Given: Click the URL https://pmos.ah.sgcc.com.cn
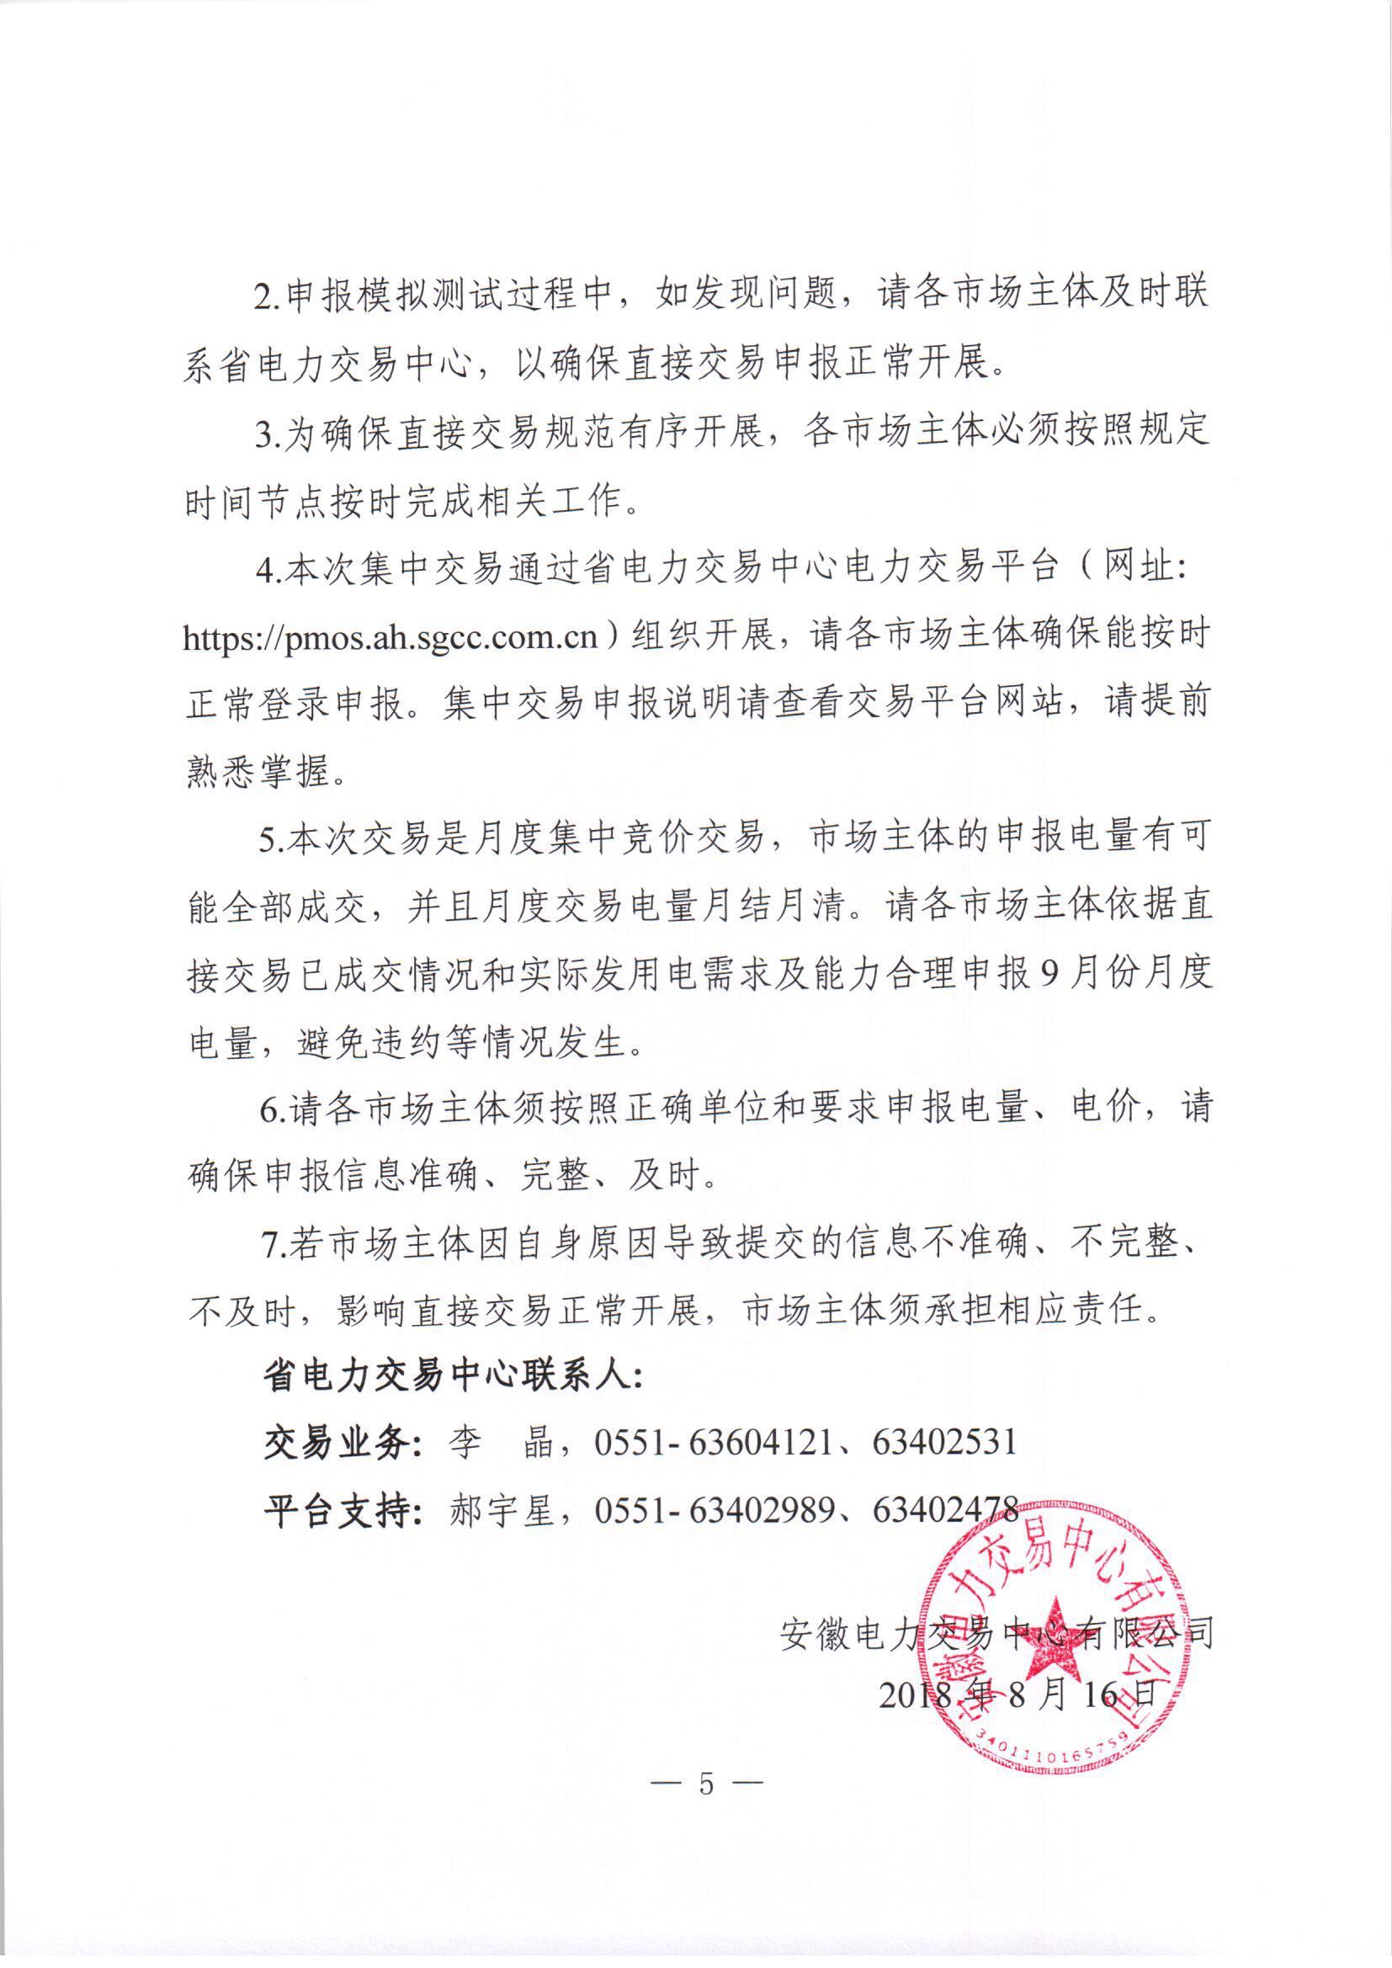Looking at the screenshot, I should click(390, 640).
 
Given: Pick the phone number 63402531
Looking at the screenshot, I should click(944, 1443).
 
